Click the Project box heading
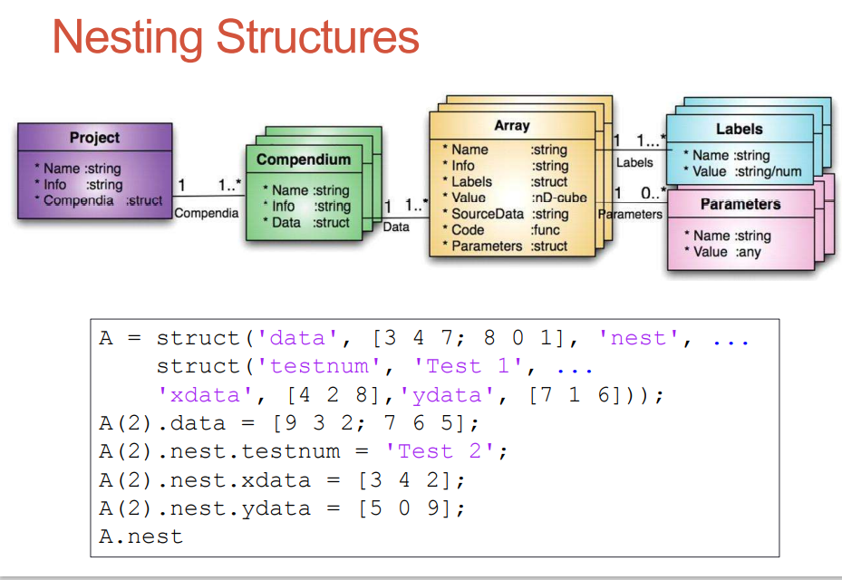click(x=94, y=138)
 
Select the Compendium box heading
click(x=303, y=159)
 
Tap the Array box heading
click(x=511, y=126)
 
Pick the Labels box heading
click(x=739, y=129)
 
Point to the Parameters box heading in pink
click(x=740, y=204)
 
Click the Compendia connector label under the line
click(x=207, y=213)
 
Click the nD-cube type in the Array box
click(x=558, y=198)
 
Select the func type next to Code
click(x=547, y=230)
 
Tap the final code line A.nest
click(x=140, y=536)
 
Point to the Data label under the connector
click(x=396, y=227)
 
